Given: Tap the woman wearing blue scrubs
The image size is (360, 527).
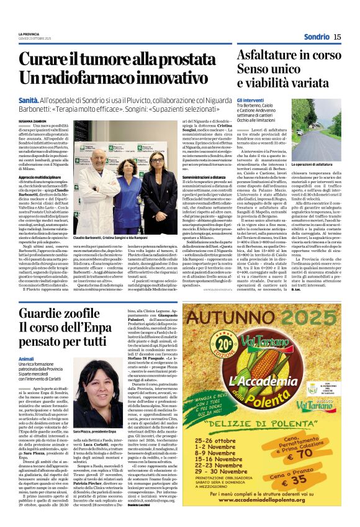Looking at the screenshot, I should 135,199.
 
